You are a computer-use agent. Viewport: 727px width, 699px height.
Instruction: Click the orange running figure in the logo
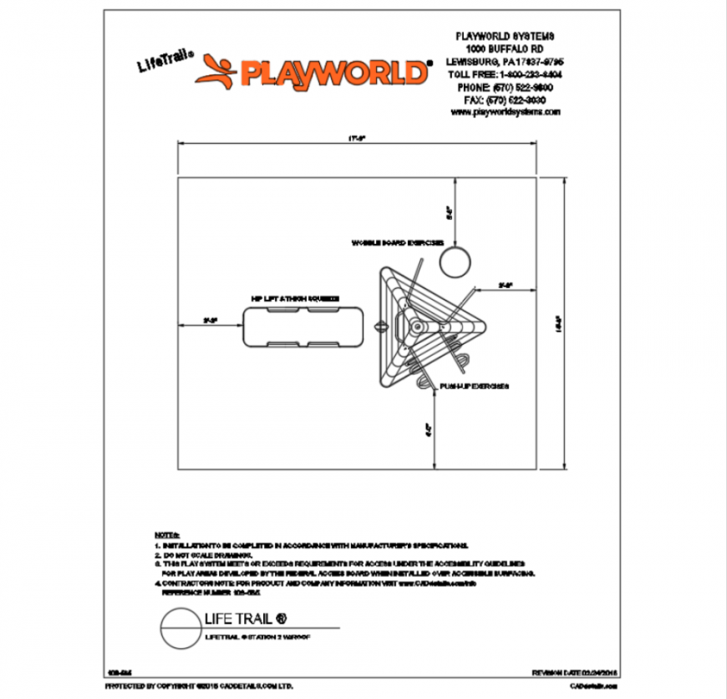[x=216, y=73]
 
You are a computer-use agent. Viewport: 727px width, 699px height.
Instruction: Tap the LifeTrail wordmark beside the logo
[x=165, y=63]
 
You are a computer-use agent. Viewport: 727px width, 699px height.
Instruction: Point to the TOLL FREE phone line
[x=504, y=74]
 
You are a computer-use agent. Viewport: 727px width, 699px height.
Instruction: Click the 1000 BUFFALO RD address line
[x=504, y=49]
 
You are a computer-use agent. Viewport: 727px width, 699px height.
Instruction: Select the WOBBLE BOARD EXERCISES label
[x=396, y=243]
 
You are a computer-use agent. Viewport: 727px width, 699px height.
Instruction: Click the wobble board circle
[x=455, y=261]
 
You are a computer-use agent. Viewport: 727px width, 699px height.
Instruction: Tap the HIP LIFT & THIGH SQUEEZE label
[x=296, y=297]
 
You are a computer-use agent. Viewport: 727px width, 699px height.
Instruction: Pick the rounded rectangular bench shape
[x=303, y=326]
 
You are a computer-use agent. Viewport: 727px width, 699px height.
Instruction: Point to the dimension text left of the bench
[x=210, y=319]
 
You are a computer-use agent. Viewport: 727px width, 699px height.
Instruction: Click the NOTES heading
[x=166, y=533]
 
